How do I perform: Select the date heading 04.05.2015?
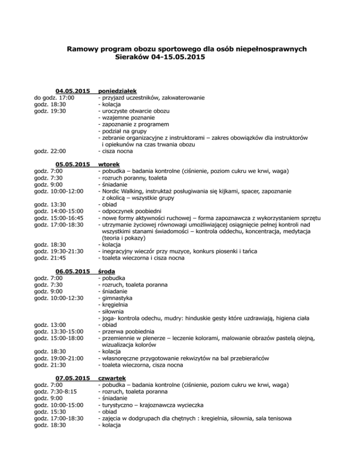(x=73, y=90)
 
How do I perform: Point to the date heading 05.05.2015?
(x=73, y=164)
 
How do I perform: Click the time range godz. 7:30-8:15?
(x=55, y=391)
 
